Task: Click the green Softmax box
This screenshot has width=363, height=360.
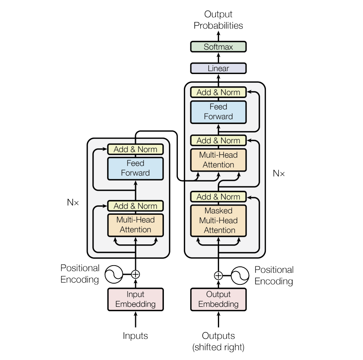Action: (x=218, y=46)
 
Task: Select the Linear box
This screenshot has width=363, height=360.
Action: (x=218, y=68)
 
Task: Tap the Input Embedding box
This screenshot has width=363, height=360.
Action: (x=136, y=299)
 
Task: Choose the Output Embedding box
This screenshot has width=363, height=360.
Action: (x=218, y=299)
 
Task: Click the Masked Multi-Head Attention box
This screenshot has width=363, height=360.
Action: (x=218, y=220)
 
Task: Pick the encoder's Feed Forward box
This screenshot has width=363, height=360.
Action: (x=136, y=168)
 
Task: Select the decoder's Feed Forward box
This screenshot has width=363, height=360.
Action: (x=218, y=112)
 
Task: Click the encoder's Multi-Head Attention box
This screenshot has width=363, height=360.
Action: (x=136, y=225)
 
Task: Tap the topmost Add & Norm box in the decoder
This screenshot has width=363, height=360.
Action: (x=218, y=92)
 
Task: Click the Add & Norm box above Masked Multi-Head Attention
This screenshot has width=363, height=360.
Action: (x=218, y=197)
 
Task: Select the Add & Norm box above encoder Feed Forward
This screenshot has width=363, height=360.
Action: (x=136, y=149)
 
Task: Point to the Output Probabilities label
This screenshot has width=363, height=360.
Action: (x=218, y=20)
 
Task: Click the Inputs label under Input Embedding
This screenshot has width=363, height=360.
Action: (x=136, y=336)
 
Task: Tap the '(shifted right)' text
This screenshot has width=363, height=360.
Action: (x=218, y=347)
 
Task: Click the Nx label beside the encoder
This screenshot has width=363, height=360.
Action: (x=73, y=202)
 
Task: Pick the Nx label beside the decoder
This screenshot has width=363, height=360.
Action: (x=279, y=173)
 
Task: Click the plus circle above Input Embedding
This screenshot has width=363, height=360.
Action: (x=136, y=274)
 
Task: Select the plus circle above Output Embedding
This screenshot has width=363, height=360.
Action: (x=218, y=276)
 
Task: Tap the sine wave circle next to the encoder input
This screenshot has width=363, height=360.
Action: (x=114, y=274)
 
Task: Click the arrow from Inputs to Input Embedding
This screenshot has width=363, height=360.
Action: (x=136, y=320)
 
